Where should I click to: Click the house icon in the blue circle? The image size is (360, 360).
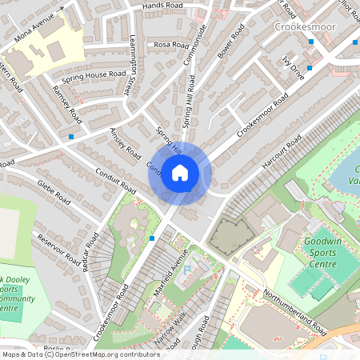180,173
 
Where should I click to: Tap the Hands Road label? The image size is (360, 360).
162,6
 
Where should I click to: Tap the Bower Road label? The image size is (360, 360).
231,45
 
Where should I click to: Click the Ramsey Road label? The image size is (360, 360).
66,104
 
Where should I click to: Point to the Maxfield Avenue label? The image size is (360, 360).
170,271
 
